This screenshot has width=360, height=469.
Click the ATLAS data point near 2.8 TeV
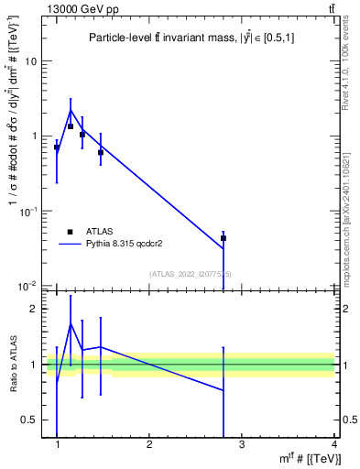point(224,238)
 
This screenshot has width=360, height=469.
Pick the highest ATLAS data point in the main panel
point(71,126)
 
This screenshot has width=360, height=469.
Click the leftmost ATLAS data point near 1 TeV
point(57,147)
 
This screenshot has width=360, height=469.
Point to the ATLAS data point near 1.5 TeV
point(101,152)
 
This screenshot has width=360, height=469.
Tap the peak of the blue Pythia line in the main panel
point(71,111)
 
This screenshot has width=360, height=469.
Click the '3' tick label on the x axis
point(242,444)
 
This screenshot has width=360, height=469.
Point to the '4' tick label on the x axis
point(333,444)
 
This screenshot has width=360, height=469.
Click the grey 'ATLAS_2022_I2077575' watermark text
point(191,273)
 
